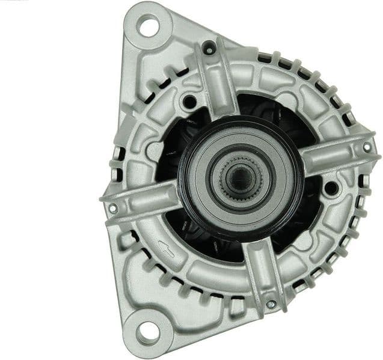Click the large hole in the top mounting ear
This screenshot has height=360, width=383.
tap(147, 26)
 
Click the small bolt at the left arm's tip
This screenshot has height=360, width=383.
tap(112, 208)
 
